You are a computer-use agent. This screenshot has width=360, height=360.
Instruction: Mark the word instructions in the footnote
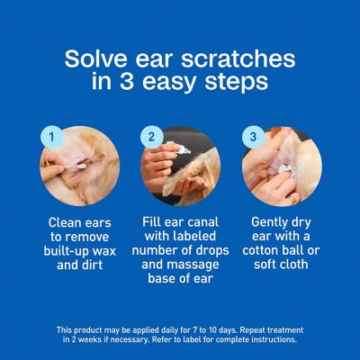274,341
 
